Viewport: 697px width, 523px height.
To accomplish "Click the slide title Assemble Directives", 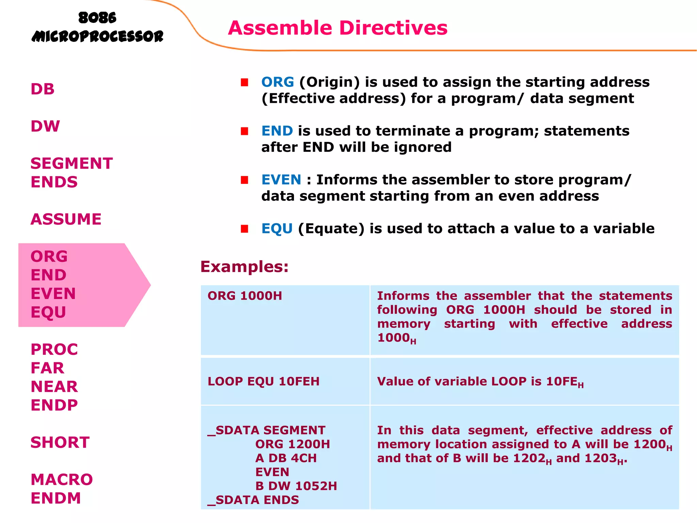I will coord(338,28).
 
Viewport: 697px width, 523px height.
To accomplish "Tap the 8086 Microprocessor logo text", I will coord(97,27).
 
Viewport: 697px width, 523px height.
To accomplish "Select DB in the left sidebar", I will coord(43,89).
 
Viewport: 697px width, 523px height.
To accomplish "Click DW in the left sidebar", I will coord(45,126).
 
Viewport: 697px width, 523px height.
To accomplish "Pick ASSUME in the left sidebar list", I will coord(66,219).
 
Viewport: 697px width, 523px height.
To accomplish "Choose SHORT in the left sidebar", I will coord(60,443).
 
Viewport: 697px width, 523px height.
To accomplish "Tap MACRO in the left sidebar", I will coord(62,480).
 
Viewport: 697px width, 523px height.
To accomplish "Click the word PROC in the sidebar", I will coord(54,350).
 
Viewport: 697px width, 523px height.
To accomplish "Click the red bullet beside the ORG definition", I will coord(244,82).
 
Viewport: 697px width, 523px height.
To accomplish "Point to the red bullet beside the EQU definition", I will coord(244,228).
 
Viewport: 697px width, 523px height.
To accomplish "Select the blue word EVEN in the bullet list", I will coord(281,180).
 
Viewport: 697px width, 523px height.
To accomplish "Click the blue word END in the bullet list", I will coord(277,131).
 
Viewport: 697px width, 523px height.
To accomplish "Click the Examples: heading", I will coord(244,267).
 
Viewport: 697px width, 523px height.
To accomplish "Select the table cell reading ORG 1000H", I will coord(245,296).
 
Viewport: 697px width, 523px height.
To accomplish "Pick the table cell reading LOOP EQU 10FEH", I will coord(264,381).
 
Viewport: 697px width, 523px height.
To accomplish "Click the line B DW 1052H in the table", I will coord(296,486).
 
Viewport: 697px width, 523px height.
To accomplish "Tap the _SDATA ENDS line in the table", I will coord(254,500).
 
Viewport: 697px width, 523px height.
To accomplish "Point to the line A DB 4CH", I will coord(286,458).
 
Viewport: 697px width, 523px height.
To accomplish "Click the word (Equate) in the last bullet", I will coord(331,228).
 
